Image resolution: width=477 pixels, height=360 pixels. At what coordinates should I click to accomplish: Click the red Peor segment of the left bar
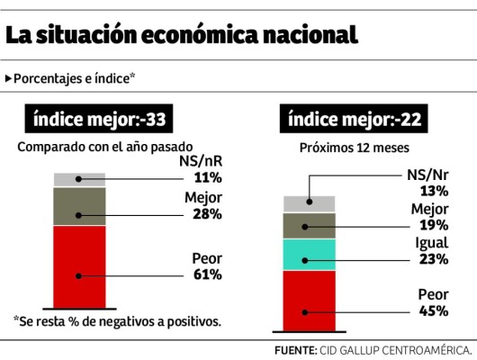point(79,266)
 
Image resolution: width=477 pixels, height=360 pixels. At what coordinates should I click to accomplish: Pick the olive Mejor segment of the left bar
point(79,206)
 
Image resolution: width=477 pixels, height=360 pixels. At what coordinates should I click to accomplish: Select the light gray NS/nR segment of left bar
point(79,179)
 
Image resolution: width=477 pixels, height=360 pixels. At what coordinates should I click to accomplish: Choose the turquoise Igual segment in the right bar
point(309,254)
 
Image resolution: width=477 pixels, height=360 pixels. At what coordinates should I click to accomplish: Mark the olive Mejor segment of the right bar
point(309,225)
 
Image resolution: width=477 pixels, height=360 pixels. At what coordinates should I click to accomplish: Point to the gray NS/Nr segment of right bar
point(309,203)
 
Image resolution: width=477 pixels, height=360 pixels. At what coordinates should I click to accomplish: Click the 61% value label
point(207,274)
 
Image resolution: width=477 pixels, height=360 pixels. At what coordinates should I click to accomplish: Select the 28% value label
point(207,214)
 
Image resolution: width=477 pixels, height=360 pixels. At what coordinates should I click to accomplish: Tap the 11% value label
point(207,177)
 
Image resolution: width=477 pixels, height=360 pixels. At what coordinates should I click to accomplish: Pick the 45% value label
point(434,310)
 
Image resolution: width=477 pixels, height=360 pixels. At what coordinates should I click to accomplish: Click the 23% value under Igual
point(433,259)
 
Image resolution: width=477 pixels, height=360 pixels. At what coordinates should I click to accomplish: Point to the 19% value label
point(434,226)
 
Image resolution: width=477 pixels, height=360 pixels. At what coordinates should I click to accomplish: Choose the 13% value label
point(434,191)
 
